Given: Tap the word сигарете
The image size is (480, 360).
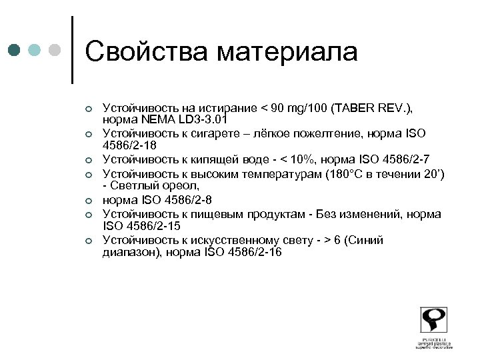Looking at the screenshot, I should (x=201, y=133).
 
